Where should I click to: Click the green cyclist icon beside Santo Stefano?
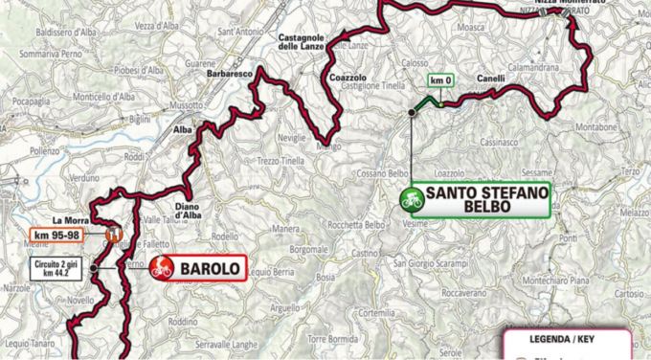tap(413, 201)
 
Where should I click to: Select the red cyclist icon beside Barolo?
tap(163, 268)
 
